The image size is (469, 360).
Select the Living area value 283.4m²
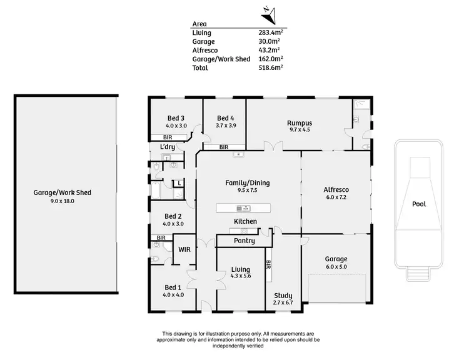point(271,32)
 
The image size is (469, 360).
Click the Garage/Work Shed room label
point(63,192)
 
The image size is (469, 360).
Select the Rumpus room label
point(300,123)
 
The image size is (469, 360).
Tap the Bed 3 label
point(175,118)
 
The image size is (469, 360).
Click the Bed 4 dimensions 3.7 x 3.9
point(225,126)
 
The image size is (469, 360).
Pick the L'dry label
point(167,147)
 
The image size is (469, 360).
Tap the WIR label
point(184,249)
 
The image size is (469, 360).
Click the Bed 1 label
point(173,287)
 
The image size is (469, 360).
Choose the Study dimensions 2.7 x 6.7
point(283,303)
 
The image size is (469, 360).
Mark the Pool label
point(419,204)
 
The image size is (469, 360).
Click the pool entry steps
point(419,272)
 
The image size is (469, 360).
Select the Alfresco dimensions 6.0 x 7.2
point(336,197)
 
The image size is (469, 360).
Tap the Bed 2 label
point(173,216)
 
